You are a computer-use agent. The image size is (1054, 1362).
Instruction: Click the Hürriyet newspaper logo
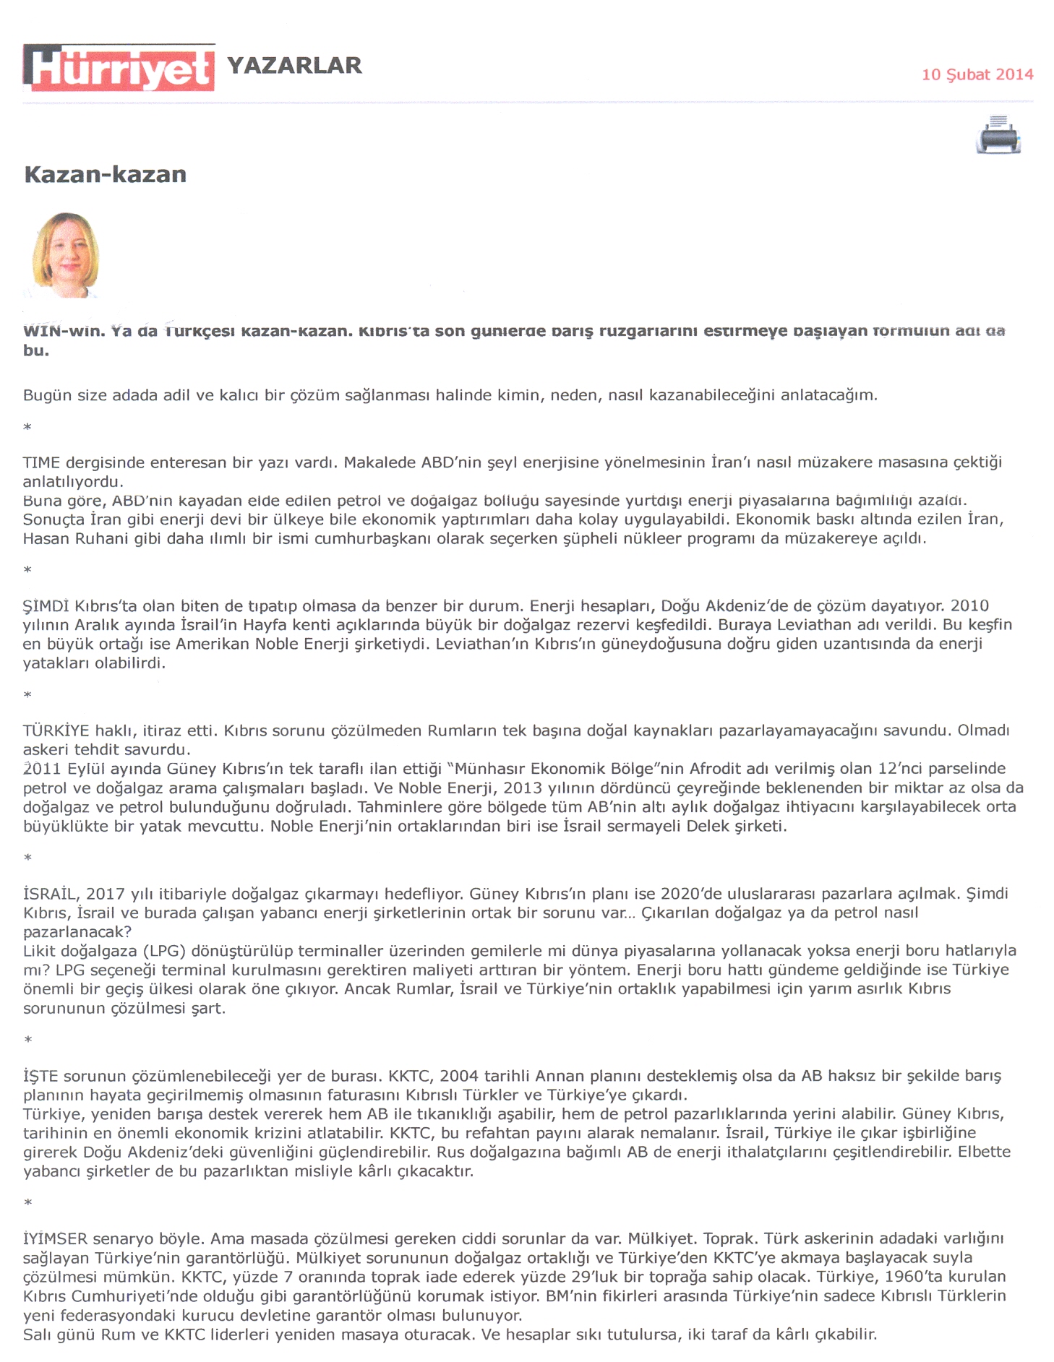pos(119,68)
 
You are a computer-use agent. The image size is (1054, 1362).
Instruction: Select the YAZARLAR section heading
pos(294,66)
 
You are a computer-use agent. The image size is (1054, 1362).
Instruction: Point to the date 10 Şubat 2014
pos(977,74)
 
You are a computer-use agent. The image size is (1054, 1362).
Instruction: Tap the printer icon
pos(998,135)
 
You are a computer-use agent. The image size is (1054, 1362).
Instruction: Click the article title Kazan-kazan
pos(106,174)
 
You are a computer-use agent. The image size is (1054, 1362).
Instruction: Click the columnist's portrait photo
pos(66,255)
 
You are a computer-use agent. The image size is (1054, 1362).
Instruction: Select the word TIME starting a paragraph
pos(41,462)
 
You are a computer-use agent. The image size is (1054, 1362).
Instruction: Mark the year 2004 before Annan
pos(459,1076)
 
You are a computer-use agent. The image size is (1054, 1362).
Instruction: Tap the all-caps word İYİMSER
pos(55,1238)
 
